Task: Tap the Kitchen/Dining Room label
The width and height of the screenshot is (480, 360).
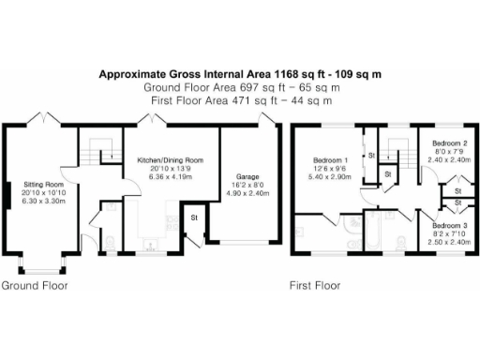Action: coord(171,160)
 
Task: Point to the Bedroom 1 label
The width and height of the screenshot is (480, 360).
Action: coord(336,161)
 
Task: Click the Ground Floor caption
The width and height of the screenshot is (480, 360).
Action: coord(34,285)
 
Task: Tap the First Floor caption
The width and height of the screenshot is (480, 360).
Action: coord(313,285)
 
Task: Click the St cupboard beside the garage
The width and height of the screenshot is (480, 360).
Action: coord(194,217)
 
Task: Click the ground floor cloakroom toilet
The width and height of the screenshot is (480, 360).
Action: coord(109,245)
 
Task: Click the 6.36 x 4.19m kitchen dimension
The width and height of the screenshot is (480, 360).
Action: coord(171,175)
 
